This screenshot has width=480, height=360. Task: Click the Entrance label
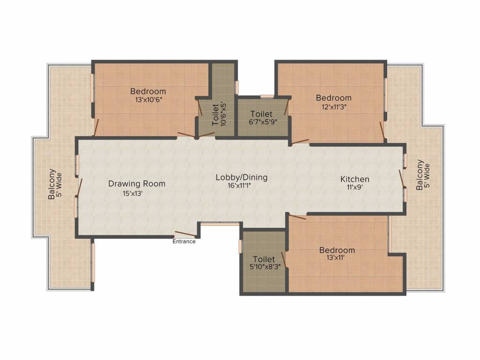184,241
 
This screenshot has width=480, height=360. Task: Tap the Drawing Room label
137,184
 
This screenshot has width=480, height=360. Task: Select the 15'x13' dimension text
133,194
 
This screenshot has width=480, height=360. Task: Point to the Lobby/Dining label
241,177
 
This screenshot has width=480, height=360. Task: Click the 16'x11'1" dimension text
240,186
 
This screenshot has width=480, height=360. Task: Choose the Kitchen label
355,179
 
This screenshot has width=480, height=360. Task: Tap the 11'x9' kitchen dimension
354,187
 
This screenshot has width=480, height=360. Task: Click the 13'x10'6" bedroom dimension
148,99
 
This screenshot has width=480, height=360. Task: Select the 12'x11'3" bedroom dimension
334,106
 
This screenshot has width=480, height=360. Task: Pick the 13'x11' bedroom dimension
336,258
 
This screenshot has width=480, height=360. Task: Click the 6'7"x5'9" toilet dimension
263,122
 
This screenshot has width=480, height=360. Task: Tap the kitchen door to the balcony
402,179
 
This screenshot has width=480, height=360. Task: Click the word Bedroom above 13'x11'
337,250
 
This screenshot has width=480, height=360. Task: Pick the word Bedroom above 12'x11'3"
334,98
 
